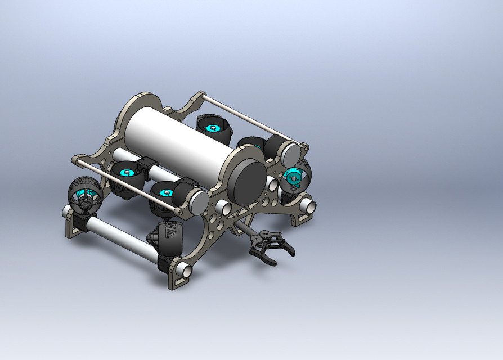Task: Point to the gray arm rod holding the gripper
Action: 243,227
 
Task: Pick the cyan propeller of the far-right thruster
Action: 293,177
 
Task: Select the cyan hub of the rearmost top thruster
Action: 213,129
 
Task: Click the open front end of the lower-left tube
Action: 184,271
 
